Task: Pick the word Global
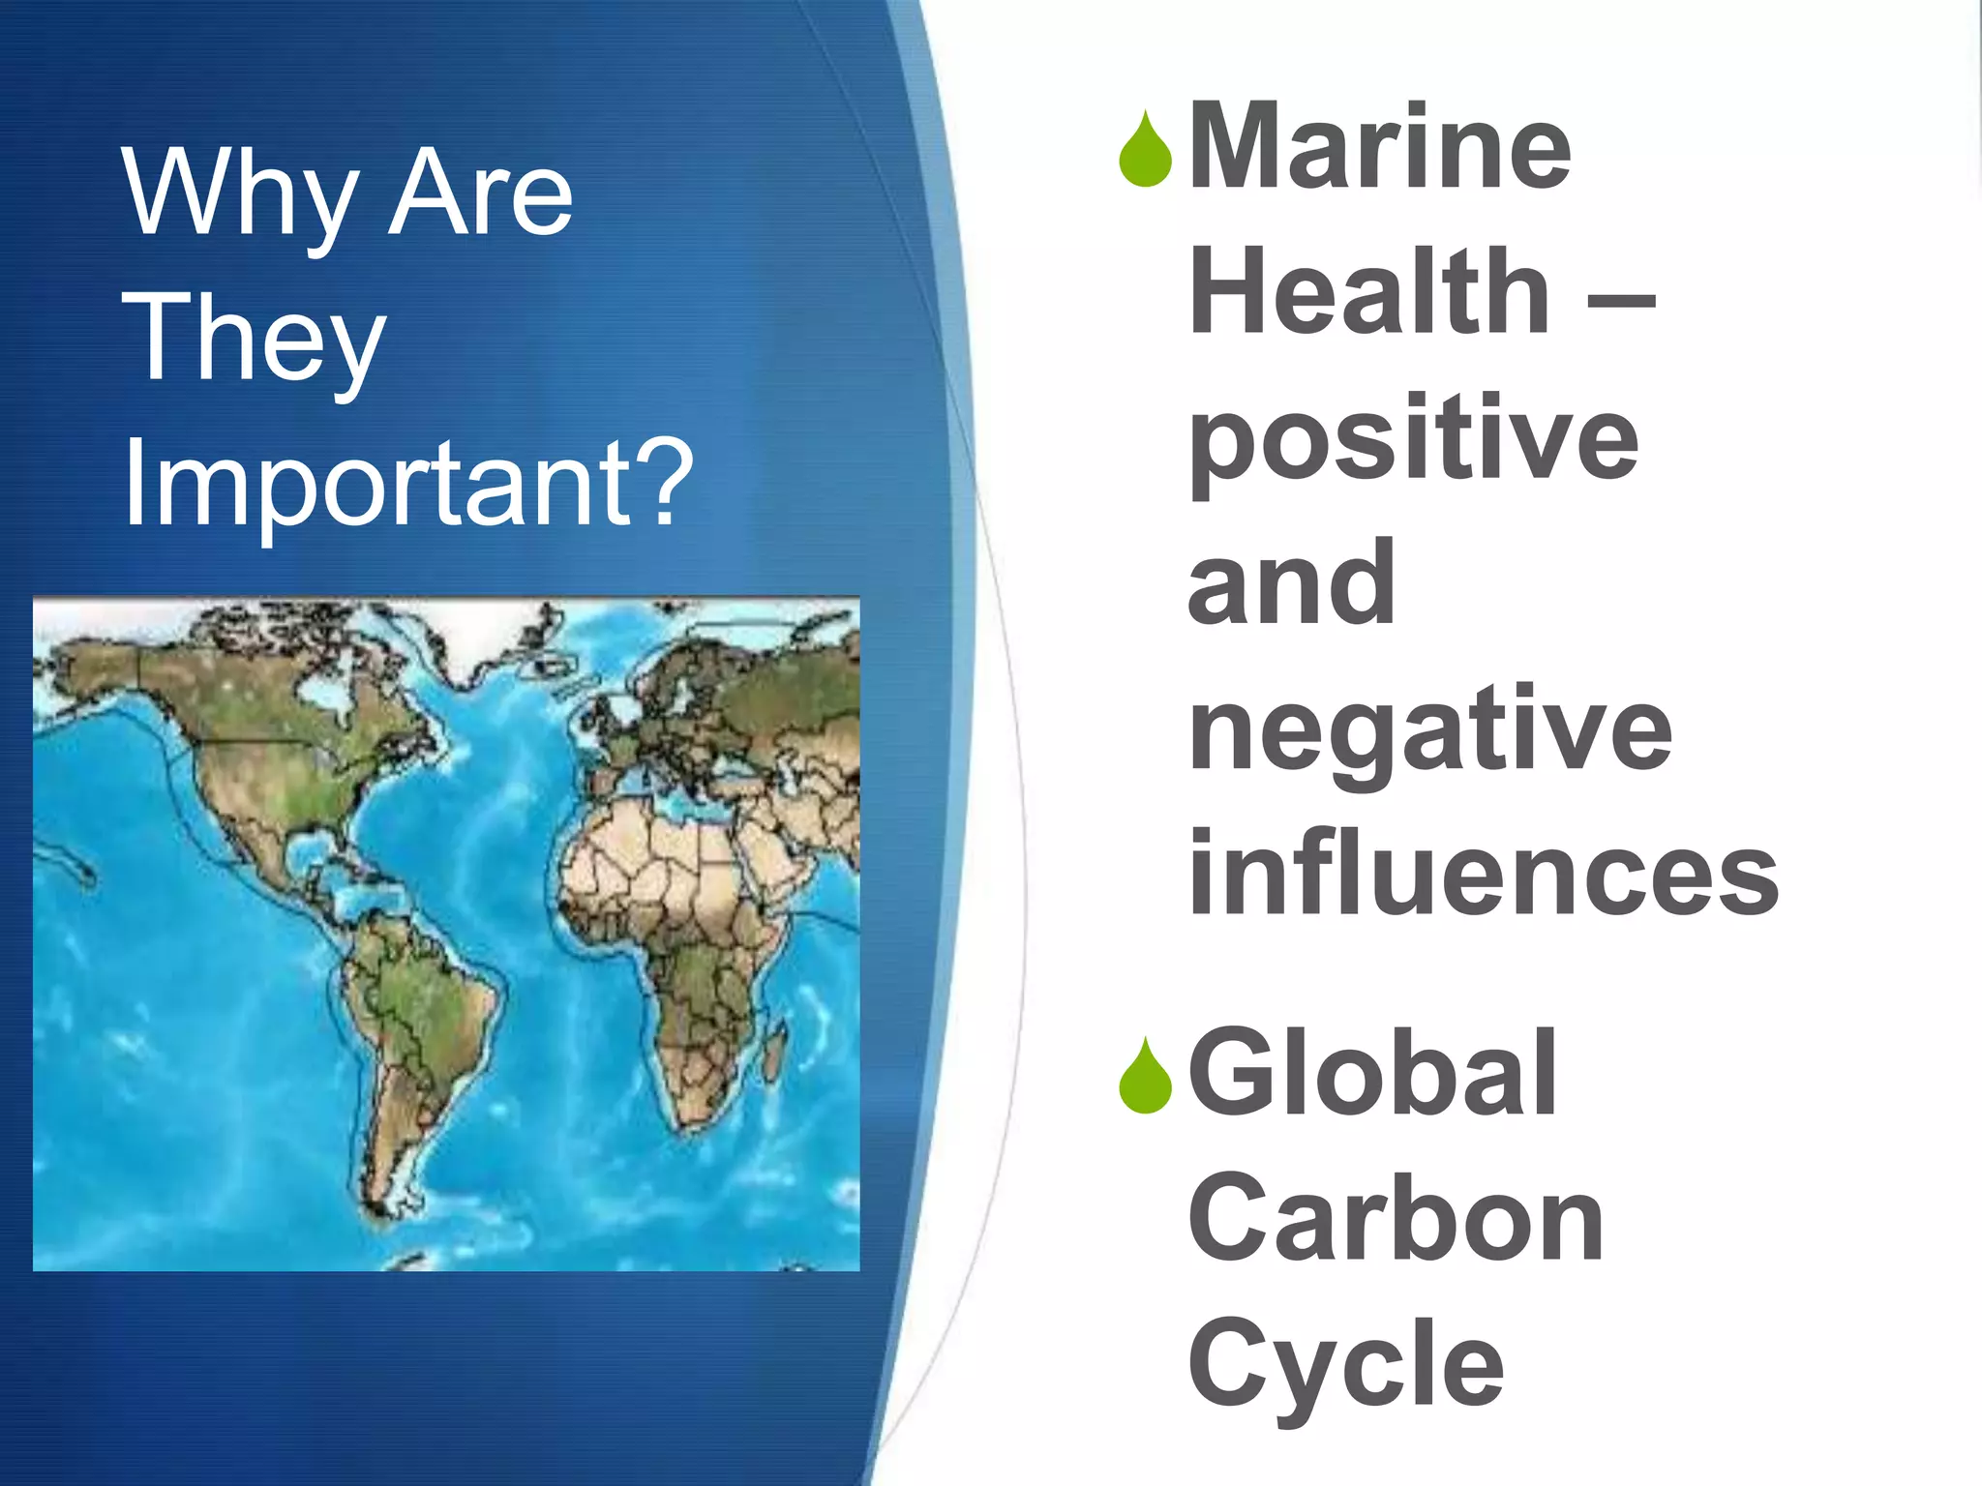pos(1372,1074)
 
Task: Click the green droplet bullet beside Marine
pos(1145,151)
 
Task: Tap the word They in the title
pos(254,339)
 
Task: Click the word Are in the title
pos(480,193)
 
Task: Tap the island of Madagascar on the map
pos(773,1055)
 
